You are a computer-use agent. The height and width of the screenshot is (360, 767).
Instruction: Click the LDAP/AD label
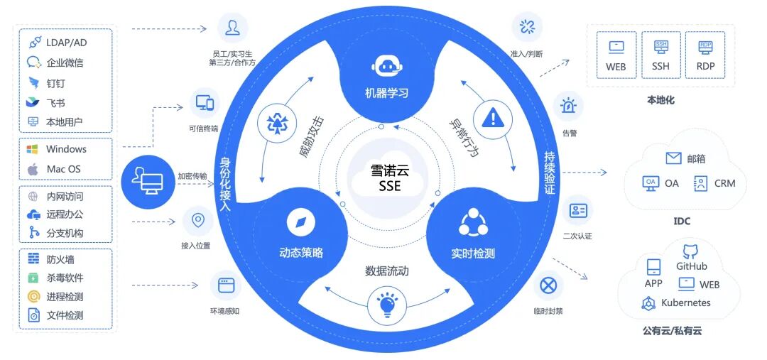pyautogui.click(x=67, y=43)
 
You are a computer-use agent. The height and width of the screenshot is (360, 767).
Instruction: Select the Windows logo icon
pyautogui.click(x=32, y=149)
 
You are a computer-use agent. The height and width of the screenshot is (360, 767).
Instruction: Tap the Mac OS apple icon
pyautogui.click(x=32, y=169)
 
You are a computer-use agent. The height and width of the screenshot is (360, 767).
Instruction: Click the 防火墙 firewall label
pyautogui.click(x=60, y=260)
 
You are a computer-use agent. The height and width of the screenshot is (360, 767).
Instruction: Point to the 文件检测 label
pyautogui.click(x=65, y=315)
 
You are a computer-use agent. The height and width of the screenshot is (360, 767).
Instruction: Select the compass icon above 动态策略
pyautogui.click(x=300, y=223)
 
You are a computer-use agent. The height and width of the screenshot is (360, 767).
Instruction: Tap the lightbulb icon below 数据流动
pyautogui.click(x=386, y=305)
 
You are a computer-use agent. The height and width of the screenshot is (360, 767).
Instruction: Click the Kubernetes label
pyautogui.click(x=685, y=302)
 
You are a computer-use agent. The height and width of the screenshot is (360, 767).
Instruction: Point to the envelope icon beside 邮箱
pyautogui.click(x=673, y=158)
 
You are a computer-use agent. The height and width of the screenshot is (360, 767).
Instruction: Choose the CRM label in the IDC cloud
pyautogui.click(x=724, y=183)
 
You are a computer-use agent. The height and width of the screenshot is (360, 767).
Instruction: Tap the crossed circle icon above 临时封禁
pyautogui.click(x=548, y=286)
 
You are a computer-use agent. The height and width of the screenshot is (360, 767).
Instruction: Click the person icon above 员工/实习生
pyautogui.click(x=232, y=28)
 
